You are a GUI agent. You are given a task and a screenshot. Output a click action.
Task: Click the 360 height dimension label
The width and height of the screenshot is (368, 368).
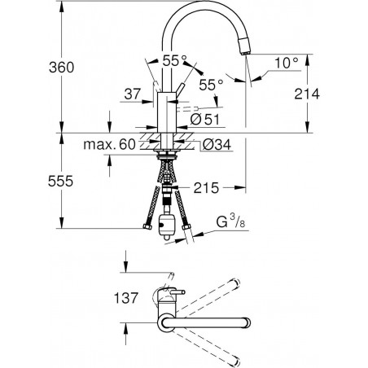61,67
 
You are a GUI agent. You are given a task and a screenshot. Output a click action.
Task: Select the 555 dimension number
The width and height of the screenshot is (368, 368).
60,181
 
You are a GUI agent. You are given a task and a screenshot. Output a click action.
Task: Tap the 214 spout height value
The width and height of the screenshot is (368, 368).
307,94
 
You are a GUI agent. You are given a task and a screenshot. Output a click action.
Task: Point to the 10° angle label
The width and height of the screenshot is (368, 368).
287,63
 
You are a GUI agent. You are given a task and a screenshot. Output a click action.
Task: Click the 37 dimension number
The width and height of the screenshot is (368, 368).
133,94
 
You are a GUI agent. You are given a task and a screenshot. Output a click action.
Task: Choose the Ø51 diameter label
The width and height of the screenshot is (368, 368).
204,119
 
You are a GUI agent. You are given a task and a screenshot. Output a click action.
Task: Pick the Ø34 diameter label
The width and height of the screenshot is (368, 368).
217,144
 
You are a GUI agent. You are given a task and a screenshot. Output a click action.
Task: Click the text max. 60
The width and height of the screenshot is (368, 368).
109,144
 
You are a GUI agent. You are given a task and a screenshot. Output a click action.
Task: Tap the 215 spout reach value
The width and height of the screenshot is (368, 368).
206,188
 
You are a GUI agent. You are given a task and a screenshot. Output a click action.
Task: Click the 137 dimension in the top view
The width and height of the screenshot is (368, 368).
126,298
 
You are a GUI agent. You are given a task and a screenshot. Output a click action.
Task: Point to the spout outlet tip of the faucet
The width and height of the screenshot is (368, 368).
244,53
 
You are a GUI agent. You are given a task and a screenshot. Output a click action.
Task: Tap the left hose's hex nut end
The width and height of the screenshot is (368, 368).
147,226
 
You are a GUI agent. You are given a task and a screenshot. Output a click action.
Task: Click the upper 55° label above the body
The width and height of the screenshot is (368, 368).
175,61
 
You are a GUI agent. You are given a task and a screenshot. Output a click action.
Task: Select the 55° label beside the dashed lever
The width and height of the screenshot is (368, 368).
211,85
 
